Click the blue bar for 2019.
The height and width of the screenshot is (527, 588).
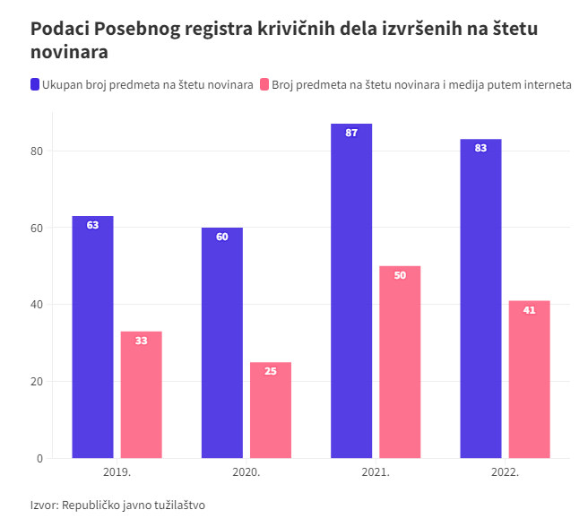point(92,337)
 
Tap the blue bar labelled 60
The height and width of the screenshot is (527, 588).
point(222,342)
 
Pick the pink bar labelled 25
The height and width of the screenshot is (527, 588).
point(271,410)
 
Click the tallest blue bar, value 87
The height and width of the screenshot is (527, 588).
point(351,291)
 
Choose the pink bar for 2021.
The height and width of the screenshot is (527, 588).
point(400,362)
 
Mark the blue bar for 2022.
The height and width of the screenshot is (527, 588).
point(480,298)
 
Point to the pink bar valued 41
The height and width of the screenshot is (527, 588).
point(529,379)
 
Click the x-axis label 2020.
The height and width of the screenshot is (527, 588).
point(246,471)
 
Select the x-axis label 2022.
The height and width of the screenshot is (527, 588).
point(505,471)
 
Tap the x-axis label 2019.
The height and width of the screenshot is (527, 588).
point(117,471)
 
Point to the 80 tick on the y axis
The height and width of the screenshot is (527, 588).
point(37,151)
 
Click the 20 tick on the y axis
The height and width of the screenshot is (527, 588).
point(37,382)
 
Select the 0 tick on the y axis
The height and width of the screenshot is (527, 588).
point(39,459)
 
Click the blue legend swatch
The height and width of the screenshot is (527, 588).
point(35,85)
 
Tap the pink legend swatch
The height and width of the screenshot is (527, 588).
point(264,85)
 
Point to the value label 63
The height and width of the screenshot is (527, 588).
point(92,225)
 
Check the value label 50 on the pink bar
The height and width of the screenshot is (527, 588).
point(400,275)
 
